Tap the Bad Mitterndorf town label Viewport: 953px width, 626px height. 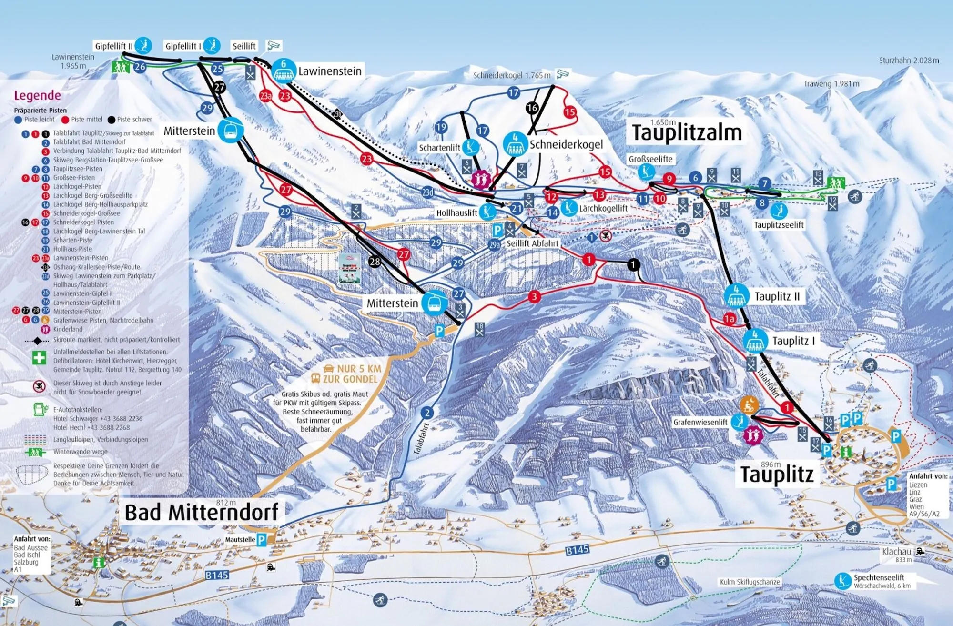pos(201,513)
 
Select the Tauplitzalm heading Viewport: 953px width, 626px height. pos(687,132)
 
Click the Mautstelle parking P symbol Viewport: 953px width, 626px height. pos(262,540)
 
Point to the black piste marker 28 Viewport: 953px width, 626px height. pos(375,262)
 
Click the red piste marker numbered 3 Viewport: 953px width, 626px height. pos(534,297)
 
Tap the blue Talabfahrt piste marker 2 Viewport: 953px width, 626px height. pos(427,413)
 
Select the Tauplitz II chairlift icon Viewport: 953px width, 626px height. pos(736,296)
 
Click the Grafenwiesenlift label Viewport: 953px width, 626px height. pos(700,422)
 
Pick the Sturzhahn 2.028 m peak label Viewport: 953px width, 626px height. pos(909,61)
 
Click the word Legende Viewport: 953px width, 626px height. pos(37,95)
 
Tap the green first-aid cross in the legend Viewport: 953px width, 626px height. pos(39,358)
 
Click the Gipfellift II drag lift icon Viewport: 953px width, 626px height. pos(143,46)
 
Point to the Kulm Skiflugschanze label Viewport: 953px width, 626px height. pos(750,582)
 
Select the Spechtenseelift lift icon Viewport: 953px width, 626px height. pos(842,581)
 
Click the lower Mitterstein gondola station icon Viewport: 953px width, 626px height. pos(434,303)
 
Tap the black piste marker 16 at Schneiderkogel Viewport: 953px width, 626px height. pos(532,108)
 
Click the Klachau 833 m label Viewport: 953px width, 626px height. pos(897,554)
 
